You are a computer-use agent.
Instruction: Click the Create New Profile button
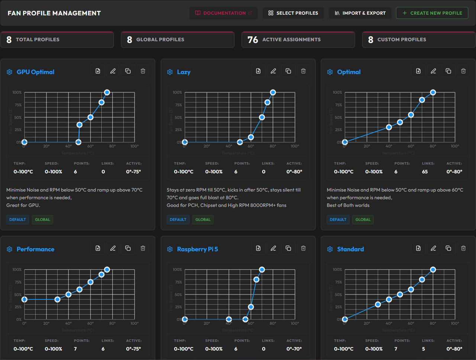(x=432, y=13)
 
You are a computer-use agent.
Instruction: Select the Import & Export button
(x=360, y=13)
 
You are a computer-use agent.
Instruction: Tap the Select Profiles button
(x=293, y=13)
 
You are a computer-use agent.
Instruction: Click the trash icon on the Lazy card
(x=303, y=71)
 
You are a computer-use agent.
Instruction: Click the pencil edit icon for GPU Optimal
(x=113, y=71)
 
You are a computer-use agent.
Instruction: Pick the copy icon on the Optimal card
(x=448, y=71)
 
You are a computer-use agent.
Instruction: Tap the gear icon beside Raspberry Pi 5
(x=170, y=249)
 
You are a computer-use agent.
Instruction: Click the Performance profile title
(x=35, y=249)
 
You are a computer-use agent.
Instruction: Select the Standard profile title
(x=350, y=249)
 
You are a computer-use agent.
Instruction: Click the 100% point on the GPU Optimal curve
(x=107, y=92)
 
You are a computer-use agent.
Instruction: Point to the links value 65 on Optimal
(x=425, y=172)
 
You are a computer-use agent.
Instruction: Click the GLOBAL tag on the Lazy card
(x=203, y=219)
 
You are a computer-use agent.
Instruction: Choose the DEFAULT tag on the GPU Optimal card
(x=17, y=219)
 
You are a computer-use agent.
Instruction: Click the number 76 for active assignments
(x=253, y=40)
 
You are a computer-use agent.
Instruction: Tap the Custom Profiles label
(x=402, y=39)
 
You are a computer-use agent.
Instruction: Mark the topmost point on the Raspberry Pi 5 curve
(x=262, y=270)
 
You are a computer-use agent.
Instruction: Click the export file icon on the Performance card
(x=98, y=248)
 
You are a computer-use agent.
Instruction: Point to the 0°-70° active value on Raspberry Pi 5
(x=294, y=349)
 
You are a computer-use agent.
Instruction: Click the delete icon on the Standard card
(x=463, y=248)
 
